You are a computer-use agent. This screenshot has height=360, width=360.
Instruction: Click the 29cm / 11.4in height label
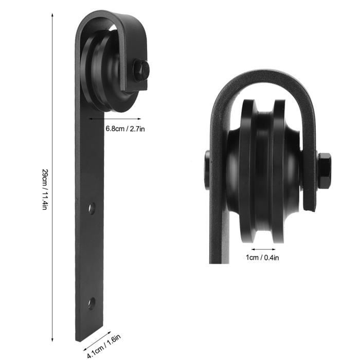(45, 189)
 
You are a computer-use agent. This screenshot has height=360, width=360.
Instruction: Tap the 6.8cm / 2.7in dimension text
(125, 129)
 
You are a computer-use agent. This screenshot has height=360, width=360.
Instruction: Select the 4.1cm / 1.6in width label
(104, 346)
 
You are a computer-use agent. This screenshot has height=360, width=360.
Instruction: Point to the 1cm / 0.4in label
(262, 258)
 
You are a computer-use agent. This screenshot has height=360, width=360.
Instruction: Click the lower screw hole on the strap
(92, 303)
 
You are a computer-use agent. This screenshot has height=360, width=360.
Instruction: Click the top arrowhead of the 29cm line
(52, 15)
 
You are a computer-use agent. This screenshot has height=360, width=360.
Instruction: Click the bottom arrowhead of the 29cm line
(52, 340)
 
